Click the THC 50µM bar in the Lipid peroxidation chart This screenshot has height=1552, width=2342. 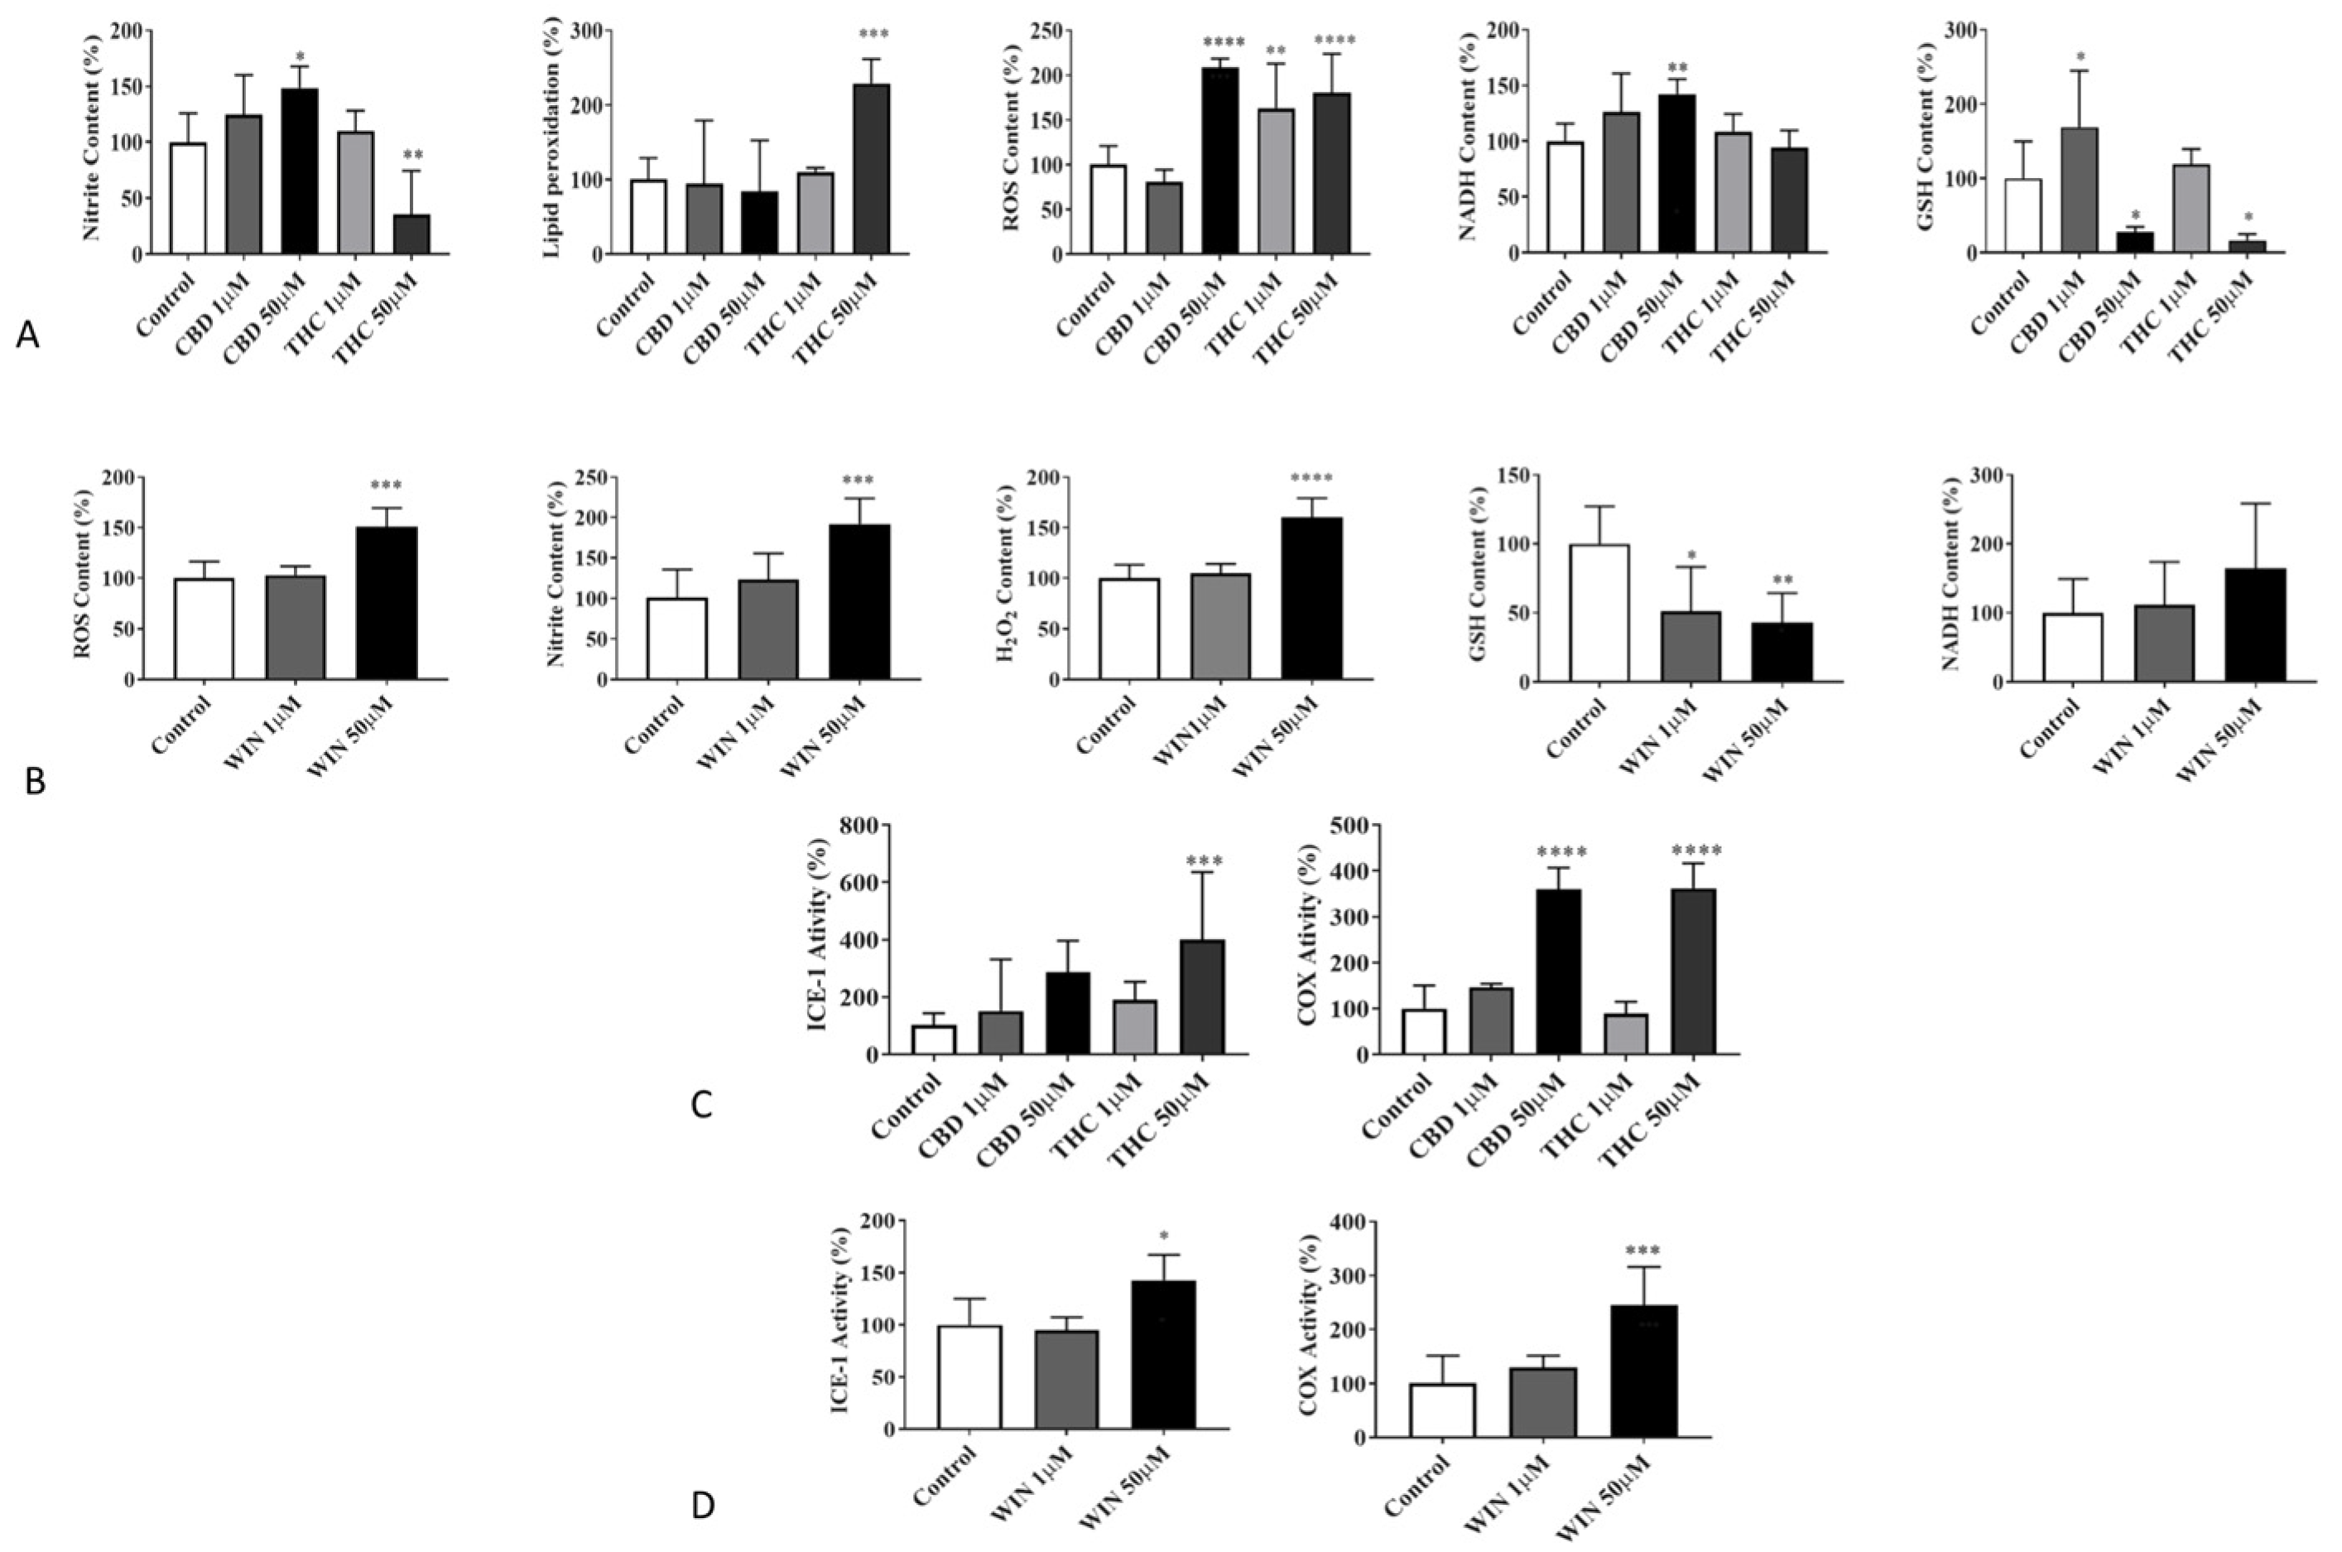tap(873, 169)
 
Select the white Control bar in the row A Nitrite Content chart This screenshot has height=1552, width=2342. tap(188, 199)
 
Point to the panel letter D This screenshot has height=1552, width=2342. tap(703, 1506)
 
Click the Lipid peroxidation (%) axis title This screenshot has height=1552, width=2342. tap(551, 142)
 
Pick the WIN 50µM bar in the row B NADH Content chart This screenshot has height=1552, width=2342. tap(2254, 625)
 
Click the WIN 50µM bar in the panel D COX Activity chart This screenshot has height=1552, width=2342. tap(1643, 1371)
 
